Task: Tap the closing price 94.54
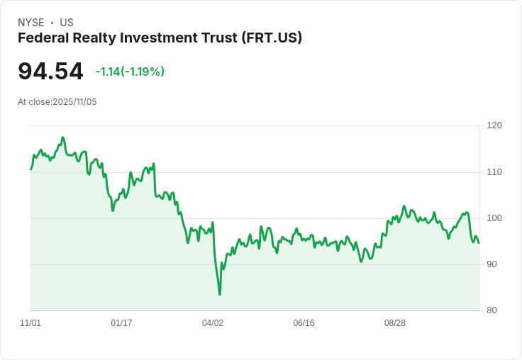click(50, 72)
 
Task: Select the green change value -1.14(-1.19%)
click(130, 72)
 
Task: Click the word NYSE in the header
click(30, 23)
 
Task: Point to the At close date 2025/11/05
click(74, 102)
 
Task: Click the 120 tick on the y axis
click(494, 125)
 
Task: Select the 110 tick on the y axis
click(494, 172)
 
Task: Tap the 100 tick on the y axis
click(494, 218)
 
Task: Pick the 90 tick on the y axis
click(494, 264)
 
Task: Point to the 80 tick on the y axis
click(494, 310)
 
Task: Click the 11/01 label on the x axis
click(30, 323)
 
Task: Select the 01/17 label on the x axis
click(121, 323)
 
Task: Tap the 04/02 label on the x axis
click(213, 323)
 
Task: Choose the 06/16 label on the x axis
click(304, 323)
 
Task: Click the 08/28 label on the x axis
click(395, 323)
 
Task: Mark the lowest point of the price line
click(220, 294)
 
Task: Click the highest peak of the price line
click(63, 137)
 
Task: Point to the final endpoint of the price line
click(479, 243)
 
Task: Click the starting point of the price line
click(30, 169)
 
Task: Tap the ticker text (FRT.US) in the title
click(272, 38)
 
